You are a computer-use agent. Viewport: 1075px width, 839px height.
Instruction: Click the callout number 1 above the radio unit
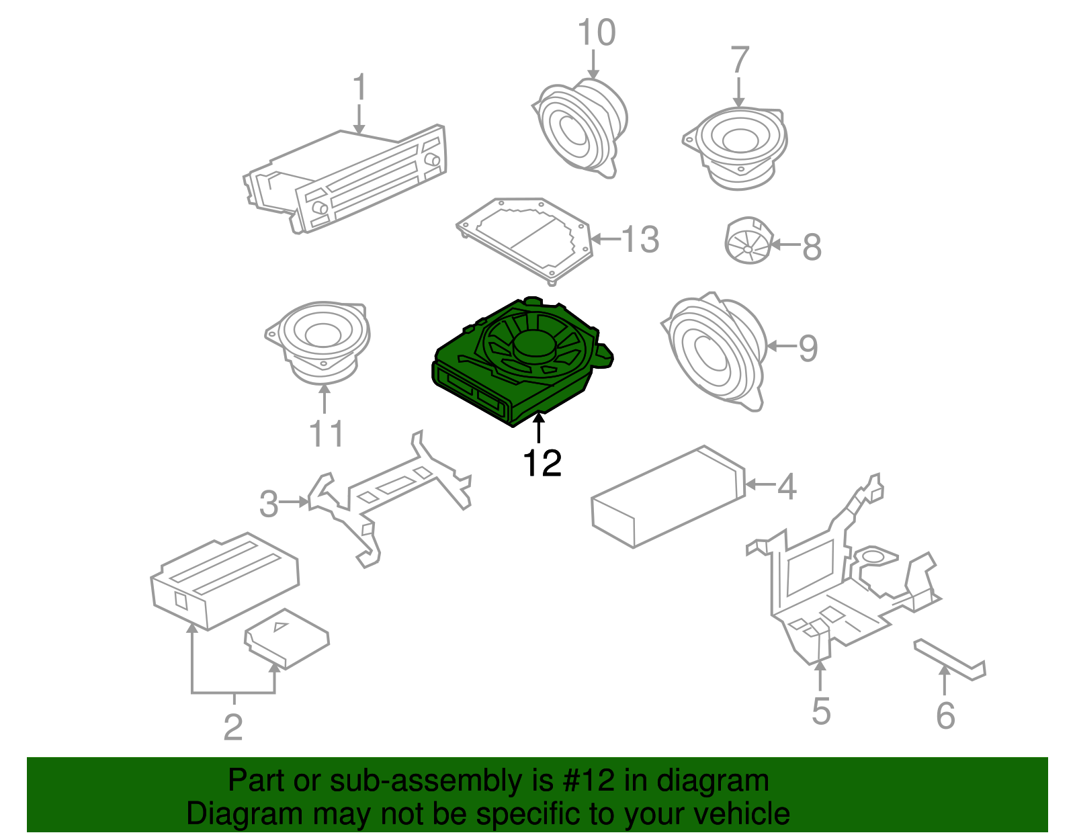pos(359,87)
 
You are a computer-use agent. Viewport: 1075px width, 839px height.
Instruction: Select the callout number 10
pos(597,33)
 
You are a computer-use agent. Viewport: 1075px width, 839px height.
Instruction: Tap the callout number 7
pos(740,60)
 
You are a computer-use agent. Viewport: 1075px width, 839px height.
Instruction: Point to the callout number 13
pos(640,239)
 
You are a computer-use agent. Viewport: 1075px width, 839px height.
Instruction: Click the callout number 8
pos(812,247)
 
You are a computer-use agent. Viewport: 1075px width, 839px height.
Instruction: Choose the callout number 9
pos(808,348)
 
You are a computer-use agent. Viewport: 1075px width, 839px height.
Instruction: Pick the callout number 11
pos(326,433)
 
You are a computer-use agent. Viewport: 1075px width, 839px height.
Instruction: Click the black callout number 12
pos(542,463)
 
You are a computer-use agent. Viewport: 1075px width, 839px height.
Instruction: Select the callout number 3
pos(269,504)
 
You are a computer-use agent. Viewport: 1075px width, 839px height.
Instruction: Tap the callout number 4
pos(787,486)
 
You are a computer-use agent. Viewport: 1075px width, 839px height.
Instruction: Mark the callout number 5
pos(821,711)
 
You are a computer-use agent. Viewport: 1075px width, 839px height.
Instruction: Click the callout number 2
pos(234,727)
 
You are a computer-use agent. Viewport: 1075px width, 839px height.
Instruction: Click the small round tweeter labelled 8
pos(748,240)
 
